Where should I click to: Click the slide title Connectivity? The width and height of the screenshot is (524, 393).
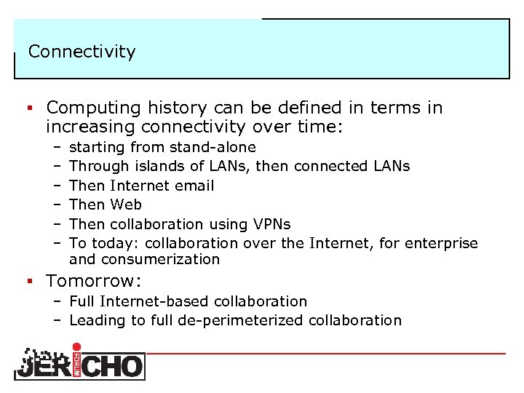pos(82,52)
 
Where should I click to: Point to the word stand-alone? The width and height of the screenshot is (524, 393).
pos(217,148)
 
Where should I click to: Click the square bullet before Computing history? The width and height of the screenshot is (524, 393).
pos(32,109)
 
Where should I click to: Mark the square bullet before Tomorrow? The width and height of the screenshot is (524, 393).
pos(32,282)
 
